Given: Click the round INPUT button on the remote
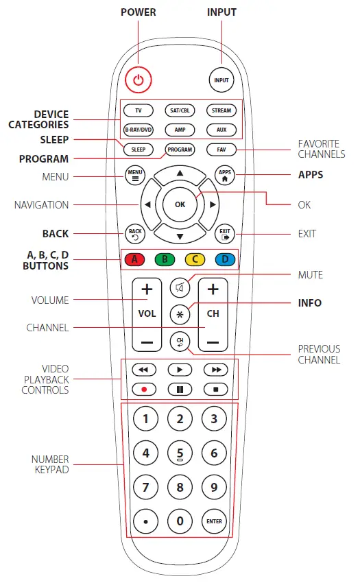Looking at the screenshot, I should pos(221,80).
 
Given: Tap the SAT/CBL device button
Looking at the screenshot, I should pos(180,110).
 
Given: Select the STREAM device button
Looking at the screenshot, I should pos(221,110).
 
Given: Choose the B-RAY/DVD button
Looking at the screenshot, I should pos(138,129).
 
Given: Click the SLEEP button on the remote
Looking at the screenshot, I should pos(138,149).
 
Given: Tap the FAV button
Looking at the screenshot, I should pos(221,149).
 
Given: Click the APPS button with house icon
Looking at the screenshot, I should pos(224,175).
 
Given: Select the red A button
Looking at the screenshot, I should pos(135,259).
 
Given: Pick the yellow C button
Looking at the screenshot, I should pos(195,259).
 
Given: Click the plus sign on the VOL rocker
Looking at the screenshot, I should pos(147,290).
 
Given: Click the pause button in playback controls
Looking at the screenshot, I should pos(180,389).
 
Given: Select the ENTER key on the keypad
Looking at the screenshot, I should pos(214,521).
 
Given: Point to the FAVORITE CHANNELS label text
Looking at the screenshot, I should pos(322,149).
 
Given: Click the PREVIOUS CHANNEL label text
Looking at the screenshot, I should pos(319,354).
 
